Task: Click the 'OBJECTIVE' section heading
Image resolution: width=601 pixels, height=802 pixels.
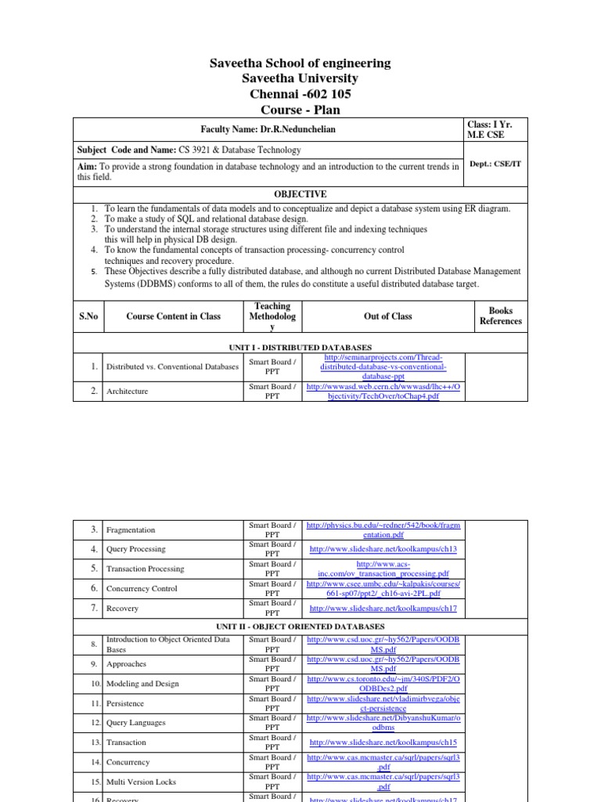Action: pos(300,193)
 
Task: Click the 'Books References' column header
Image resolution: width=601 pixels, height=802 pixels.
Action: pos(500,316)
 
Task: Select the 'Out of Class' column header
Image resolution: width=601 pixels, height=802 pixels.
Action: pos(383,316)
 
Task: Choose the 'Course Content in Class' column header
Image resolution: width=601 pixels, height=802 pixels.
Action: pos(173,316)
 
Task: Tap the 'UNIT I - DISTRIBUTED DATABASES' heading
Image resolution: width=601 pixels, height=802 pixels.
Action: pos(300,346)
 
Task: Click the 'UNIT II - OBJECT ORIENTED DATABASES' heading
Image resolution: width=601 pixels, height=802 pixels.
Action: pos(300,627)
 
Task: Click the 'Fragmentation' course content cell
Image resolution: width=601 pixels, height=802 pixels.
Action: pos(131,530)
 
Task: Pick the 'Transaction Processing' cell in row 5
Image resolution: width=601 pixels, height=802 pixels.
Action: pos(145,569)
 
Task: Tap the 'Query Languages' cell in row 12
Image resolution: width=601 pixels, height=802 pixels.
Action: pos(135,723)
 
